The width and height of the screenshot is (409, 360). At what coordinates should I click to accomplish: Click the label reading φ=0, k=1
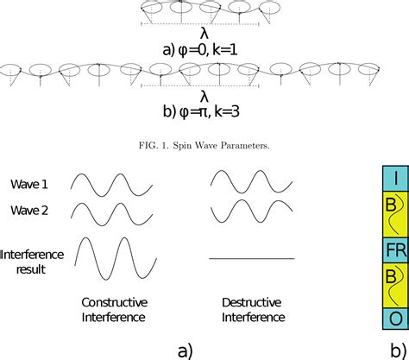204,50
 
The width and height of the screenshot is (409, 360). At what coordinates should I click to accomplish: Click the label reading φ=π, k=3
204,112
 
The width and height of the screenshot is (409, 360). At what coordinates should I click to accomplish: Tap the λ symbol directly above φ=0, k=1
204,34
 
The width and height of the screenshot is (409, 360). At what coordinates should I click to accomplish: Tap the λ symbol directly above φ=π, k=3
204,96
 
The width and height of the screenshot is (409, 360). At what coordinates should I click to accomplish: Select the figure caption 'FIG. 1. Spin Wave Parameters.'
204,144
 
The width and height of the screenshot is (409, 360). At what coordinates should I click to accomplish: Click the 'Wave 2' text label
30,210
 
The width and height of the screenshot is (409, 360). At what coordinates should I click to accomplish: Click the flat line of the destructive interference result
252,259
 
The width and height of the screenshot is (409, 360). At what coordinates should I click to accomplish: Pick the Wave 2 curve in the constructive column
112,211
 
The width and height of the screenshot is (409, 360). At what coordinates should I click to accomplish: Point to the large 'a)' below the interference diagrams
184,349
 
